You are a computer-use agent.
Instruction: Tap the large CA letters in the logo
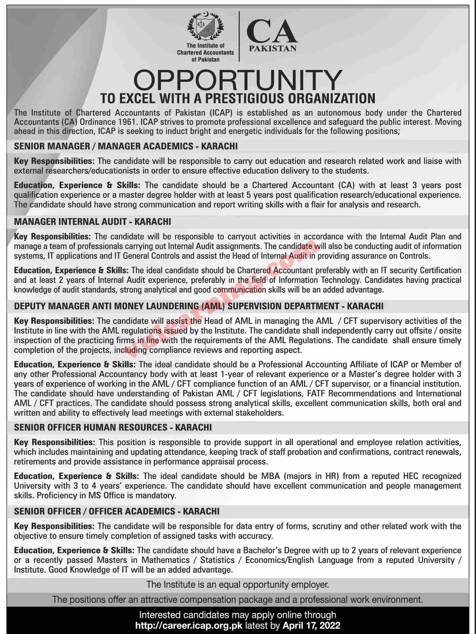tap(272, 32)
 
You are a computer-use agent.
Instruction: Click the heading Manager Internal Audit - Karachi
tap(92, 221)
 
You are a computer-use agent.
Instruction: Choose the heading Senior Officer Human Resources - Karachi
tap(113, 427)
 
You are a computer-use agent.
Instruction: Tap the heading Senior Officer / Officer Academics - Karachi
tap(117, 511)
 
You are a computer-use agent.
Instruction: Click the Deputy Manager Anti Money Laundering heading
tap(198, 306)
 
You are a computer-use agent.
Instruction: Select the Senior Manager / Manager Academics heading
tap(126, 146)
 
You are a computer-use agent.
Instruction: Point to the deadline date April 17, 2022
tap(311, 625)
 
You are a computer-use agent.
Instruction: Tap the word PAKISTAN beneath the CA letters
tap(272, 49)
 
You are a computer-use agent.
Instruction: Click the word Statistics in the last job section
tap(217, 560)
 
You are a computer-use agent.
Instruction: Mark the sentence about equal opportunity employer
tap(237, 584)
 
